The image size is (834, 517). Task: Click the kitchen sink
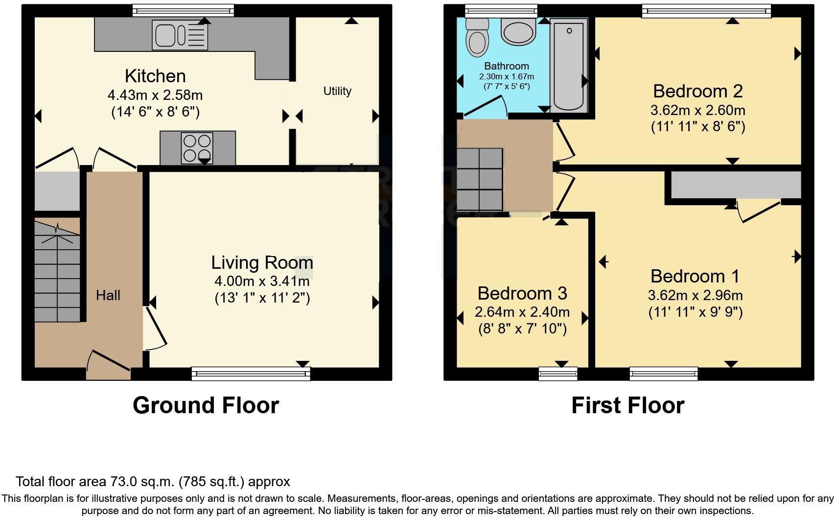click(x=180, y=35)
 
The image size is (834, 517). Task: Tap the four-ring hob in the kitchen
click(x=197, y=148)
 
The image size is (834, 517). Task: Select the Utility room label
click(x=337, y=91)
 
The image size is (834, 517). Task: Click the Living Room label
click(x=262, y=263)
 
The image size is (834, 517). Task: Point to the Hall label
click(x=108, y=295)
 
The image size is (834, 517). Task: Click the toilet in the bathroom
click(x=477, y=38)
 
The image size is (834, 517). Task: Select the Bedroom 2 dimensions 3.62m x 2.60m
click(x=698, y=110)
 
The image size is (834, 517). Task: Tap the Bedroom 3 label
click(x=522, y=293)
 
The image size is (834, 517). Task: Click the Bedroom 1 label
click(x=695, y=277)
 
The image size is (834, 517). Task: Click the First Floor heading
click(x=627, y=405)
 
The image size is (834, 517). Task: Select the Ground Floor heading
click(x=206, y=405)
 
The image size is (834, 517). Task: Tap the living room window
click(x=251, y=374)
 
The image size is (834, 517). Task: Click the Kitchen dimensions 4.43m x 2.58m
click(x=155, y=95)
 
